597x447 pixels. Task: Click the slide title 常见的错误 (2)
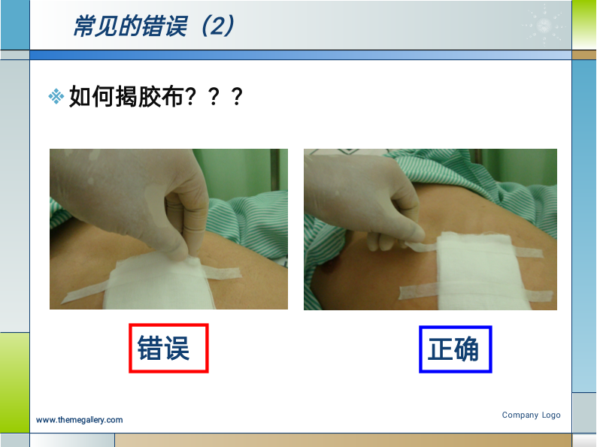(x=153, y=26)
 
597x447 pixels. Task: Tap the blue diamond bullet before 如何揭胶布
(x=56, y=96)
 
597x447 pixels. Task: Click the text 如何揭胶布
(x=126, y=97)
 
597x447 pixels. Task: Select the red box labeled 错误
(x=168, y=348)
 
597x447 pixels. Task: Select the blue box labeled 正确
(x=456, y=349)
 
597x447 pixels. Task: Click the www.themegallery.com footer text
(x=79, y=420)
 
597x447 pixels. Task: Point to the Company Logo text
(x=531, y=415)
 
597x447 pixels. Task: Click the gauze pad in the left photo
(x=158, y=282)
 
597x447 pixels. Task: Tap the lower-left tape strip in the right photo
(x=419, y=291)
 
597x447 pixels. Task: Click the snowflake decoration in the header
(x=544, y=25)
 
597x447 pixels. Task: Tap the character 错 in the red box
(x=150, y=348)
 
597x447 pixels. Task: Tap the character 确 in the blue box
(x=467, y=349)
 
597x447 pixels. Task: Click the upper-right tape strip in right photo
(x=529, y=252)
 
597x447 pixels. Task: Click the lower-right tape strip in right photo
(x=540, y=296)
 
